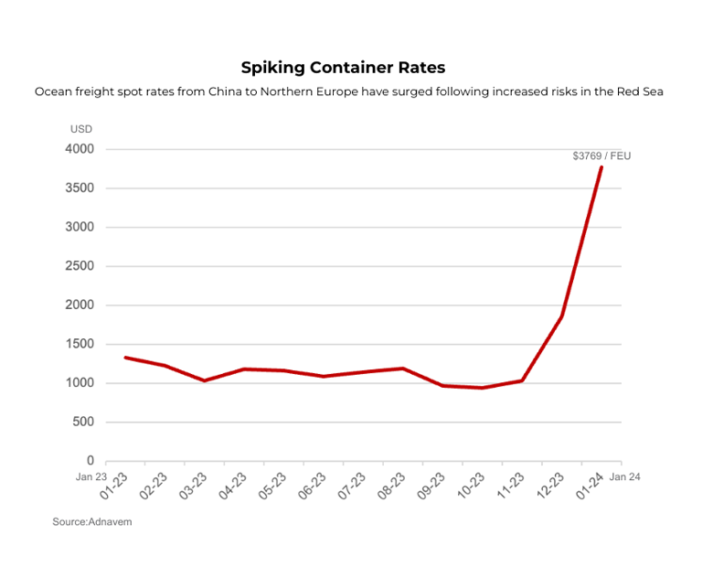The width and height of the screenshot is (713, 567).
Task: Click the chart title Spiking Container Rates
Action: coord(343,68)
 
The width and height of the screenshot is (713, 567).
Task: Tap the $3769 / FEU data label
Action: coord(601,156)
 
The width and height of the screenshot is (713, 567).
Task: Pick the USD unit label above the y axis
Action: coord(81,130)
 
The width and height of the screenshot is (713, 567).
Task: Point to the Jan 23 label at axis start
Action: coord(91,476)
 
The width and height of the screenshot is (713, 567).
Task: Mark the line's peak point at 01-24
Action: coord(601,167)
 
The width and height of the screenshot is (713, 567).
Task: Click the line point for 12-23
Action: coord(561,316)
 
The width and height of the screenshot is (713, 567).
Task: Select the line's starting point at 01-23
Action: coord(125,358)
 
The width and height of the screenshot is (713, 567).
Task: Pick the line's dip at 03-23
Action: coord(204,380)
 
